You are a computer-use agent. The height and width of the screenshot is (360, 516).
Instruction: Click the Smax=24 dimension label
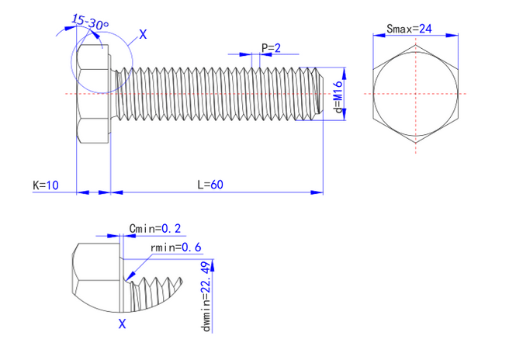(408, 29)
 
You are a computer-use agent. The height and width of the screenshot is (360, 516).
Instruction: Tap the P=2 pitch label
(271, 48)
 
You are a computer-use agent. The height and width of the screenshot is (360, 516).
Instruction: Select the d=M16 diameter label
(338, 99)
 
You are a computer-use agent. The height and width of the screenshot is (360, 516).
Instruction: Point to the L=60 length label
(210, 185)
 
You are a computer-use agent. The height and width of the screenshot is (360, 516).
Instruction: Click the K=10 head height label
(45, 185)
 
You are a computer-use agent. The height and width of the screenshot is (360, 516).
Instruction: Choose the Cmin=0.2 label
(155, 228)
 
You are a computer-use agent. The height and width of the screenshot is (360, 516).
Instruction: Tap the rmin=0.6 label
(176, 247)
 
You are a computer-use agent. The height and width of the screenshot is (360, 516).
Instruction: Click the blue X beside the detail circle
(142, 34)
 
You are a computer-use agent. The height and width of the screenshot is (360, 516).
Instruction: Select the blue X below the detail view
(121, 324)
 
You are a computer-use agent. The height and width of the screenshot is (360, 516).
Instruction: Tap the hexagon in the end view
(416, 94)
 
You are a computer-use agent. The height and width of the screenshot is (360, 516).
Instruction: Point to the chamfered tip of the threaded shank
(318, 94)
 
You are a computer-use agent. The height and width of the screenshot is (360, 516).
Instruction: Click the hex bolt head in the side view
(93, 94)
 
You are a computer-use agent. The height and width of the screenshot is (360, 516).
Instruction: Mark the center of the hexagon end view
(416, 94)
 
